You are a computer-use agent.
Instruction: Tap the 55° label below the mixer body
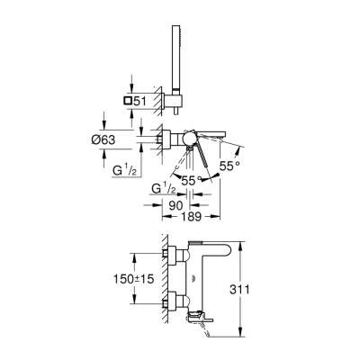(x=189, y=179)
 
